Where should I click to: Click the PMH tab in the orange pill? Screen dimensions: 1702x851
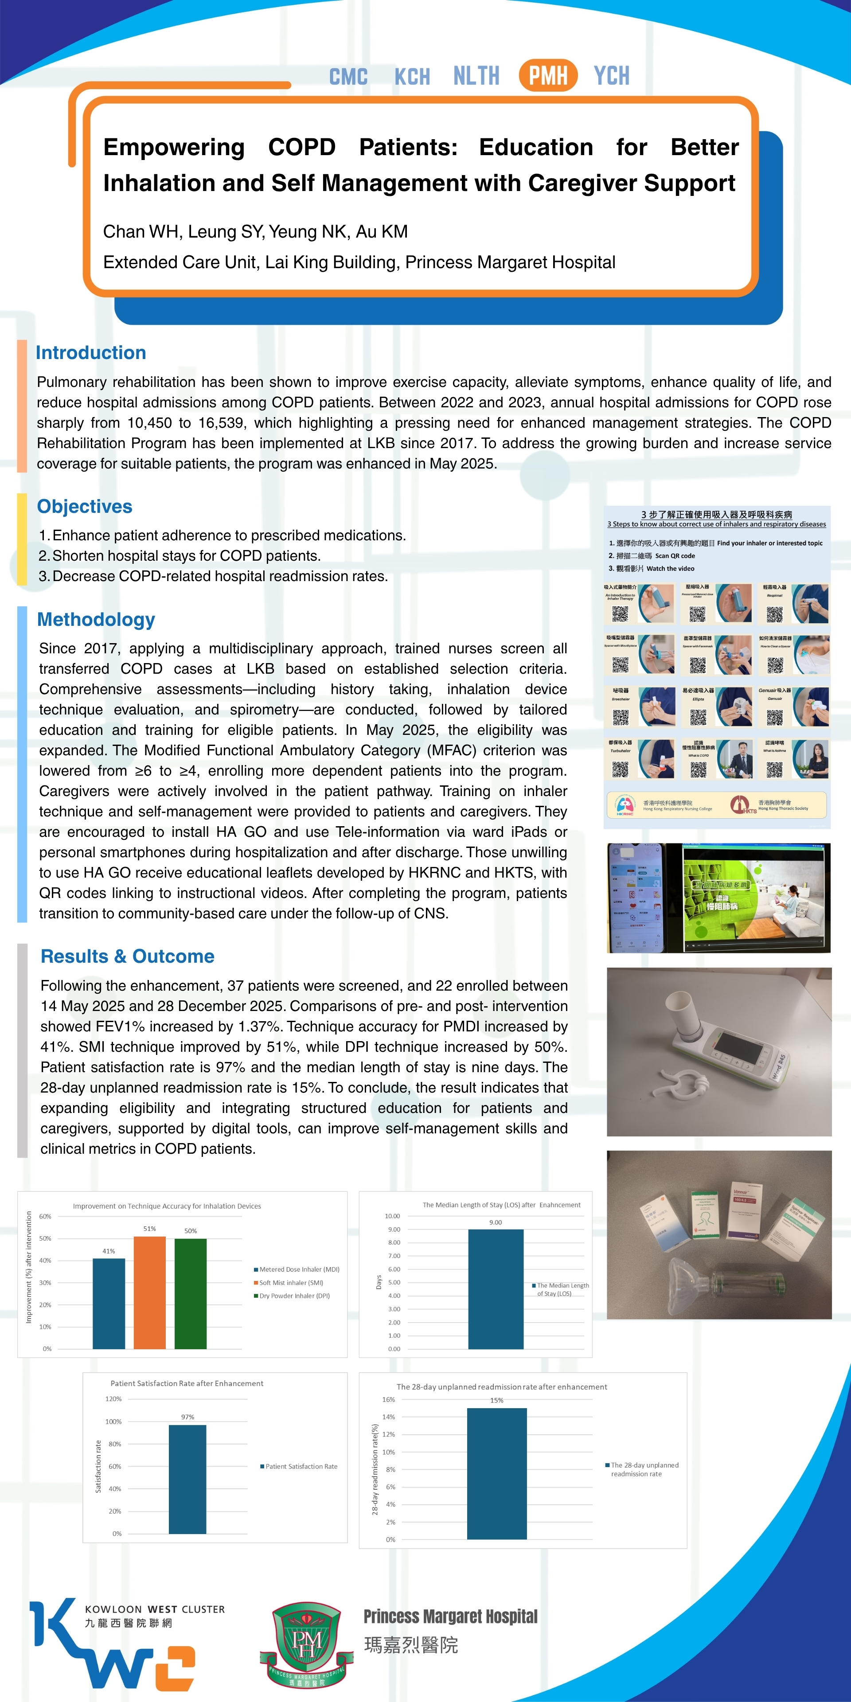pyautogui.click(x=548, y=75)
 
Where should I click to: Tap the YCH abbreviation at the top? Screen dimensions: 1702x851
pyautogui.click(x=611, y=76)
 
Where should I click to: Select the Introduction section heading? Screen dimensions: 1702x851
pyautogui.click(x=90, y=353)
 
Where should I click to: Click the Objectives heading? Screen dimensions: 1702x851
pyautogui.click(x=85, y=506)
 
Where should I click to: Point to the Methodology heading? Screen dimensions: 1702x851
pyautogui.click(x=96, y=619)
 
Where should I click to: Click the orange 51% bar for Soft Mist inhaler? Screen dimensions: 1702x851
pyautogui.click(x=149, y=1292)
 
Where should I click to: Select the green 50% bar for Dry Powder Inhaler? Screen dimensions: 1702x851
pyautogui.click(x=190, y=1294)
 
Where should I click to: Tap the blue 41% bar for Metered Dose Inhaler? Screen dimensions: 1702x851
pyautogui.click(x=108, y=1304)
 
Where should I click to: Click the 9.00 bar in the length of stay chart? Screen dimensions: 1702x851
pyautogui.click(x=496, y=1289)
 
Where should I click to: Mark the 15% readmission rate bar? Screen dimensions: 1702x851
pyautogui.click(x=497, y=1473)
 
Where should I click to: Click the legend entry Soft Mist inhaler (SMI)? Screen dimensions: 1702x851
pyautogui.click(x=291, y=1282)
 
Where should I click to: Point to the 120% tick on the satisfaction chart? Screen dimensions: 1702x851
pyautogui.click(x=113, y=1399)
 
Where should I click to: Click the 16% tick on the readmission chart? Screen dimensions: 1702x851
pyautogui.click(x=389, y=1399)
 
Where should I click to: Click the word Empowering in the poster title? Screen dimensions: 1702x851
pyautogui.click(x=174, y=147)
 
